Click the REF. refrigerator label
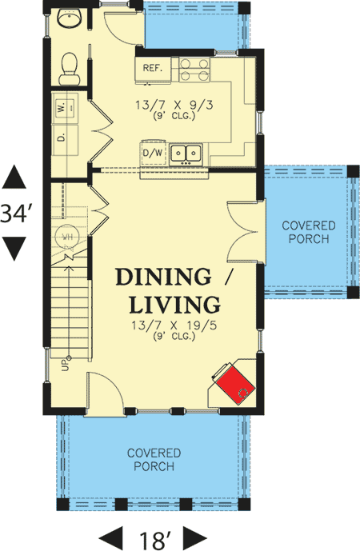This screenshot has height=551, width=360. coord(153,68)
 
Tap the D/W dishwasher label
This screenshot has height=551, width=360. coord(154,153)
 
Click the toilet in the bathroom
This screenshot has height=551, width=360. coord(70,69)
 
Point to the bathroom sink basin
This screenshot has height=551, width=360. coord(70,18)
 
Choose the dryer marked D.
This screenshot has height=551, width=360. coord(65,138)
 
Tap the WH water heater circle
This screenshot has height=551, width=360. coord(66,237)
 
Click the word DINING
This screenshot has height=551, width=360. coord(163,277)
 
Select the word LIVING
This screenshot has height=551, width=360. coord(174,305)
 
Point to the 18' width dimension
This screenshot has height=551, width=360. coord(154,540)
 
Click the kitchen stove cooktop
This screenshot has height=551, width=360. coord(194,70)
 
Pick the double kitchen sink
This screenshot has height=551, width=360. coord(186,153)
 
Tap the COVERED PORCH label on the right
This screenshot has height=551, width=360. coord(309,232)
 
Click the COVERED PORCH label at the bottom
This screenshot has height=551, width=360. coord(154,460)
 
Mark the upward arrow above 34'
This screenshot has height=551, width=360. coord(14,177)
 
